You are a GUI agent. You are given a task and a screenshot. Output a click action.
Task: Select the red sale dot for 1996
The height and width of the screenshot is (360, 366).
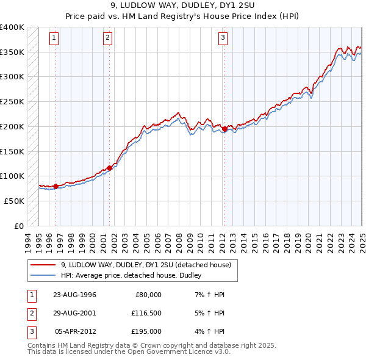(x=56, y=186)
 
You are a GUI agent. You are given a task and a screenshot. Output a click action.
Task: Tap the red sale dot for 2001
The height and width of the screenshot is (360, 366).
(x=110, y=168)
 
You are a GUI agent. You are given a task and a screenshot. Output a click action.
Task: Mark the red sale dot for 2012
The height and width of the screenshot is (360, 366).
(x=224, y=129)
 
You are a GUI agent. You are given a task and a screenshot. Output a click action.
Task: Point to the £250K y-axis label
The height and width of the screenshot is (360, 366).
(x=12, y=102)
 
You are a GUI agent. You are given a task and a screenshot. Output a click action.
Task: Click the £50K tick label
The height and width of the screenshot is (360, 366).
(x=15, y=201)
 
